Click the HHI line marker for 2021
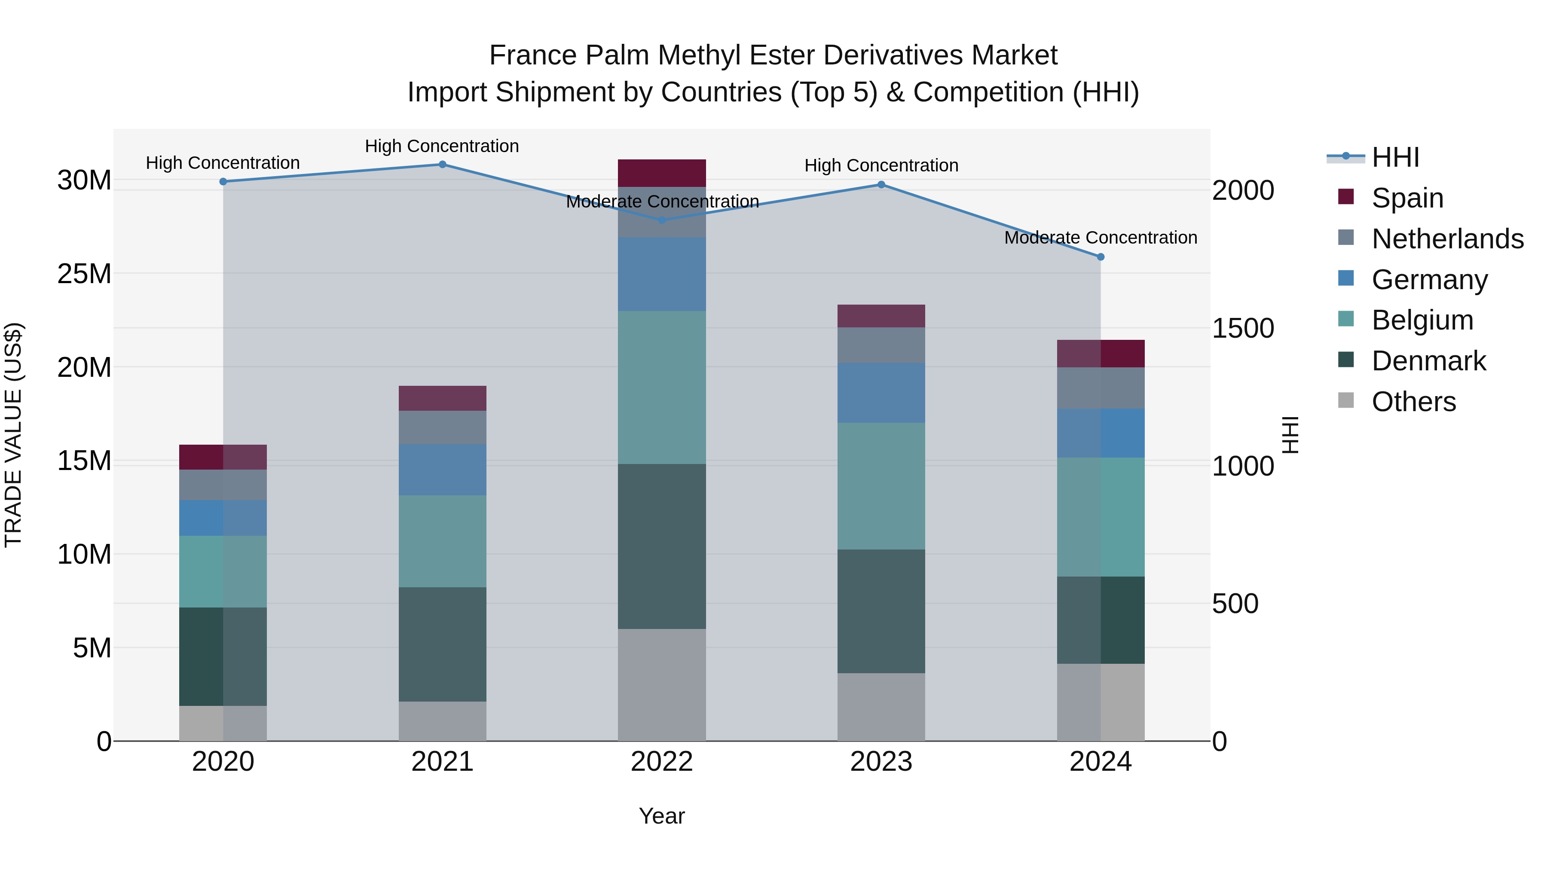[x=442, y=165]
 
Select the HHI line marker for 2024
[x=1100, y=257]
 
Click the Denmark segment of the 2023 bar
[x=881, y=611]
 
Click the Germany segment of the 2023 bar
[x=881, y=393]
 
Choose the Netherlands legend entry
[x=1447, y=239]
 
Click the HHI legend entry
[x=1395, y=157]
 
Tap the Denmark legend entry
[x=1428, y=361]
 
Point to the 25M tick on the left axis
[x=84, y=274]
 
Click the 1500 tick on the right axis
[x=1242, y=328]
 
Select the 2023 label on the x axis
[x=881, y=762]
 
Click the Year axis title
[x=662, y=816]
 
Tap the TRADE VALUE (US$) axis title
[x=13, y=435]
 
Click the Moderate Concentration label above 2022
[x=662, y=202]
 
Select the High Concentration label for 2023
[x=881, y=166]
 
